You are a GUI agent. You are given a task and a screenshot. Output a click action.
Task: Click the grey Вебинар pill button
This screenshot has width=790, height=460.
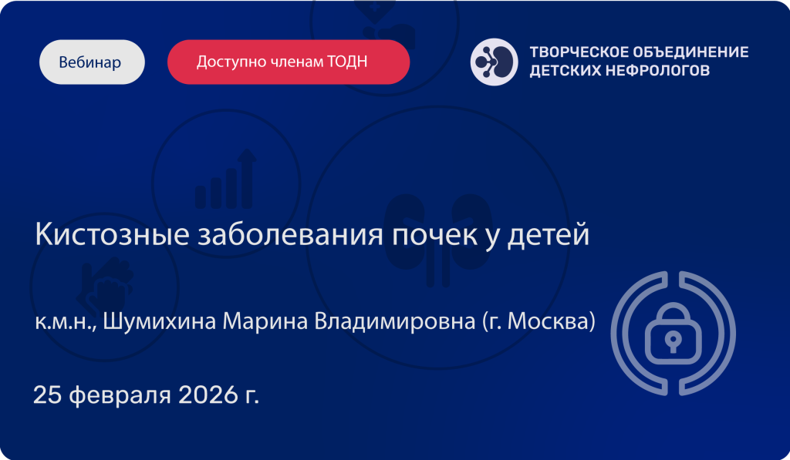[x=93, y=62]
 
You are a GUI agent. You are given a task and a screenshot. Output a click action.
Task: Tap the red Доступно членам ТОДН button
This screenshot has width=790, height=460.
[x=289, y=62]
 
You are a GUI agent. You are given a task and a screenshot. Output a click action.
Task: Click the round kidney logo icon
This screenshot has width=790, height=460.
[x=494, y=62]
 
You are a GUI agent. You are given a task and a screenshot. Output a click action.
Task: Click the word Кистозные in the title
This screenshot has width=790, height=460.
[x=112, y=234]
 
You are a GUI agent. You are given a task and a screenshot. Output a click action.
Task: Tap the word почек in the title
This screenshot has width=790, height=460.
[x=435, y=234]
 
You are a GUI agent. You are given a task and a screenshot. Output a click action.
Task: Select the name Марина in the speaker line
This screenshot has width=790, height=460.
[x=265, y=321]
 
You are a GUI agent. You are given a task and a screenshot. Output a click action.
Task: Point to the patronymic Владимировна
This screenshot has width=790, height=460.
[x=394, y=321]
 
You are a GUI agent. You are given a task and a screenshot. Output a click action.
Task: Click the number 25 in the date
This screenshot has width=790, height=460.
[x=47, y=395]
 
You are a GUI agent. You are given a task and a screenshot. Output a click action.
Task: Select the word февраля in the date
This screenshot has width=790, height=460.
[x=120, y=396]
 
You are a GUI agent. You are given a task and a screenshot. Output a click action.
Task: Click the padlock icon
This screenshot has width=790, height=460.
[x=673, y=333]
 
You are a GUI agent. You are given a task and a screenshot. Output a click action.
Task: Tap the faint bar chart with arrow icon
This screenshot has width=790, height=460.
[x=226, y=179]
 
